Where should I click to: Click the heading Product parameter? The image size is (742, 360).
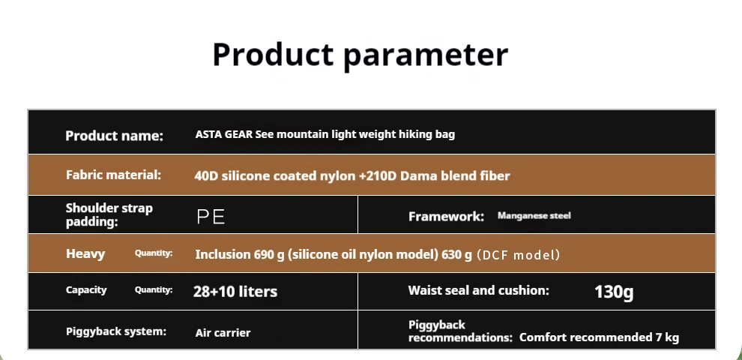coord(360,55)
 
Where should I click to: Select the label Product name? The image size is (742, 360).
coord(114,136)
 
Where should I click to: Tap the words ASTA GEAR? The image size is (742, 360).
coord(224,134)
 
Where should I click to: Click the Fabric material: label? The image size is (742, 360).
coord(114,175)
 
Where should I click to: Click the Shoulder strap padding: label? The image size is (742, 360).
coord(109,215)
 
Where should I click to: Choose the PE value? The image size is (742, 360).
coord(211,217)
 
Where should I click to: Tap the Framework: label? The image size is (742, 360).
coord(446,217)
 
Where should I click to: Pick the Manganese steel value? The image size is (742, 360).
coord(534,216)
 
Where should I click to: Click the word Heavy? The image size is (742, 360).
coord(85,254)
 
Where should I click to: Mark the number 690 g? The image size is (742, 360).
coord(269,255)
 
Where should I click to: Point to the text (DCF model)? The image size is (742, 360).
coord(518,255)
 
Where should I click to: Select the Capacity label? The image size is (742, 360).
coord(86,290)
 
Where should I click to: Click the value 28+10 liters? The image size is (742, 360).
coord(235,291)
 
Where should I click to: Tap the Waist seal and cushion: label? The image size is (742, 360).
coord(478,290)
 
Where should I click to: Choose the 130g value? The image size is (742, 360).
coord(614,292)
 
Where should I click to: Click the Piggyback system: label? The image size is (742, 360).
coord(116,331)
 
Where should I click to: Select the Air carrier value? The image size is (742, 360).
coord(223,332)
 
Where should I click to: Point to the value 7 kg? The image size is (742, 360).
coord(667,337)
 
